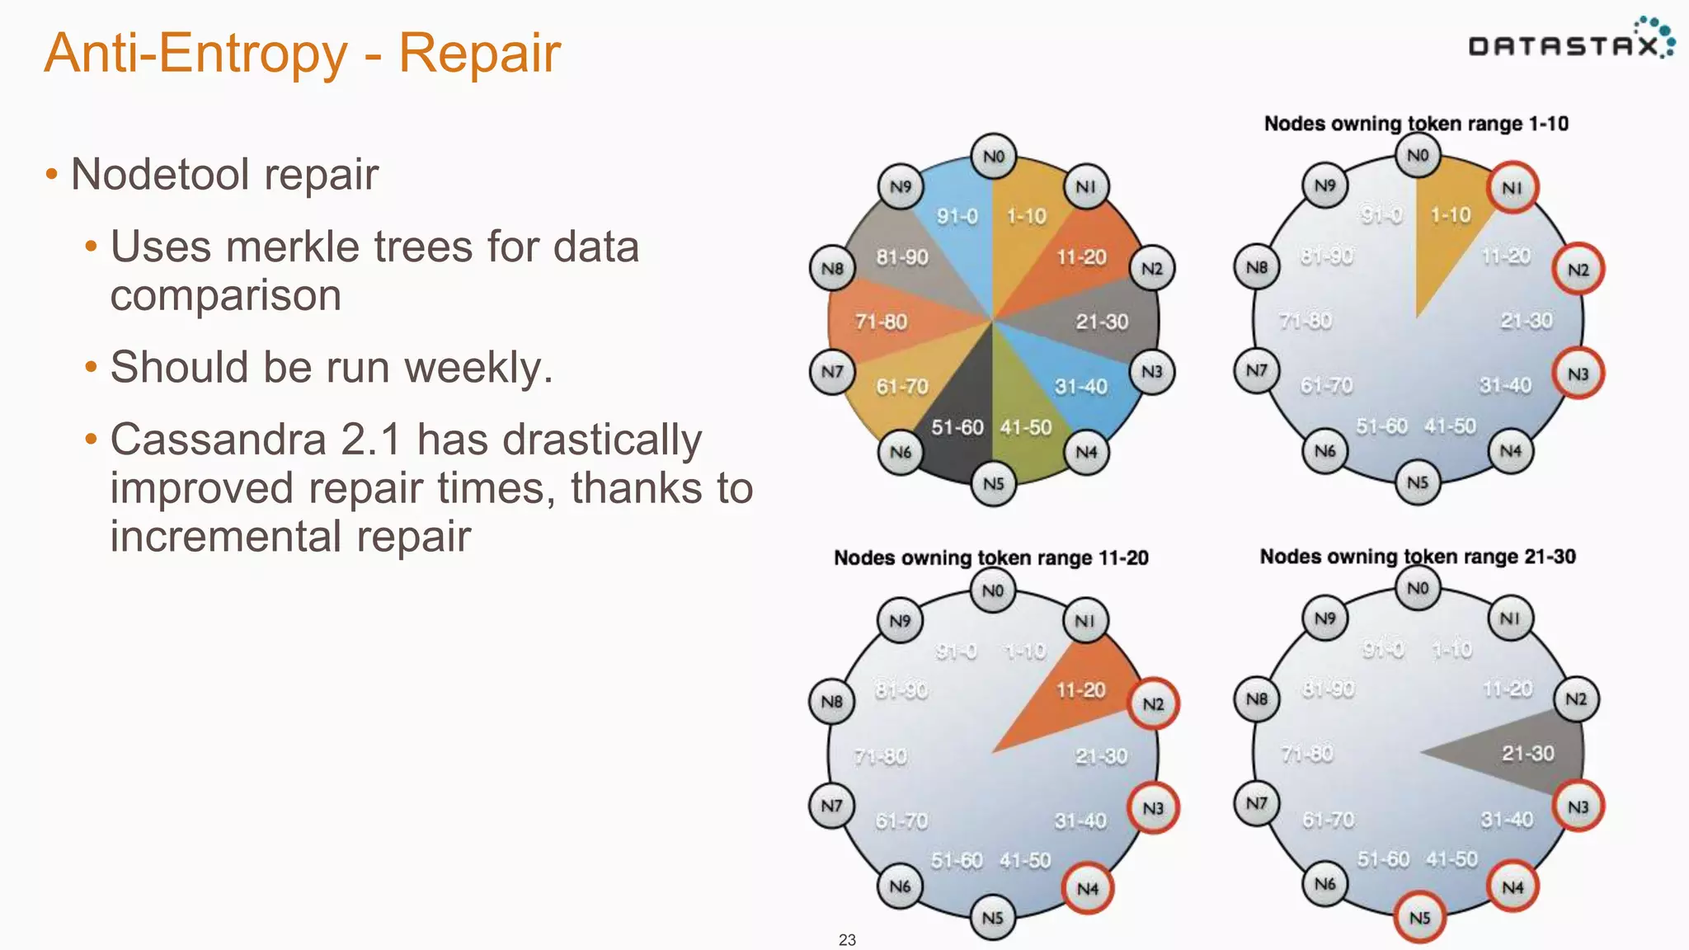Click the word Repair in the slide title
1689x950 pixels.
point(479,53)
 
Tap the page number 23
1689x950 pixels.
point(847,939)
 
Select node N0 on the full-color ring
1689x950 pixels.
point(994,156)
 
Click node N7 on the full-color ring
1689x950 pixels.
point(832,372)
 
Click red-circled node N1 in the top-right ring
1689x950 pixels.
point(1512,188)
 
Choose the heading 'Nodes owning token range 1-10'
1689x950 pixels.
point(1415,124)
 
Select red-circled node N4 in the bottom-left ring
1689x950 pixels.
point(1087,888)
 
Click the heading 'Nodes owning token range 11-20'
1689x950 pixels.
point(990,558)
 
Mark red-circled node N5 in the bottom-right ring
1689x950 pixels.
point(1419,917)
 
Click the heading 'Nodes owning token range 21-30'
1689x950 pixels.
point(1417,557)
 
